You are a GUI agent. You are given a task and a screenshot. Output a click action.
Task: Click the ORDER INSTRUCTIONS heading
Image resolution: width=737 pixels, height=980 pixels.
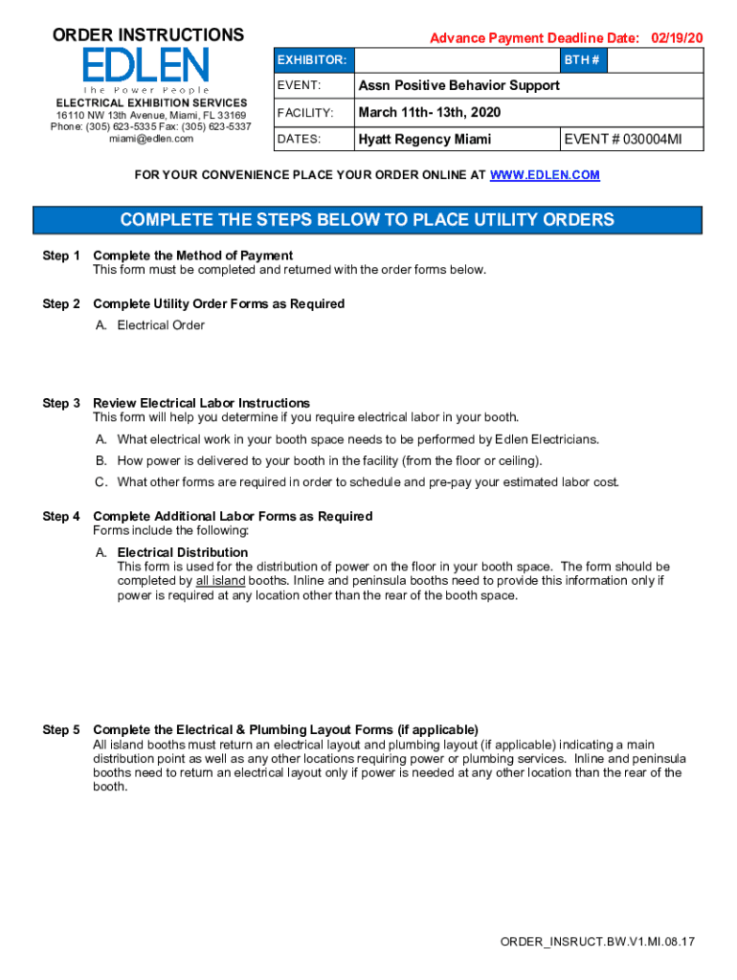(147, 35)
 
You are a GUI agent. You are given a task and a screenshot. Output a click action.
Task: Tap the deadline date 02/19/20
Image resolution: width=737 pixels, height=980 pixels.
(677, 38)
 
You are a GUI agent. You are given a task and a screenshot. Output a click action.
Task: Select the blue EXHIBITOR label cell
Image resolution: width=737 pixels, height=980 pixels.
(311, 60)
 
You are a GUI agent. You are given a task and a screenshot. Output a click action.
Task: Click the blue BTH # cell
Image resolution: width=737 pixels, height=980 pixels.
(582, 60)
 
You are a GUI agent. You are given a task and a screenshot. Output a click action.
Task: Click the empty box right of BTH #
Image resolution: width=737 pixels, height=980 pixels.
(655, 60)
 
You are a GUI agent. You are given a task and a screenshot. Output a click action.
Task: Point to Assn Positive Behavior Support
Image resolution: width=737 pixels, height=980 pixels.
(458, 86)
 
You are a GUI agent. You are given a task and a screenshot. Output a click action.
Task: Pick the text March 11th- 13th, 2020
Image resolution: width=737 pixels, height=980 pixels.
(429, 113)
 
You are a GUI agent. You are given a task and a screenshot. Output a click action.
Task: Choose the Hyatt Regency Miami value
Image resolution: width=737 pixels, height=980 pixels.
(424, 139)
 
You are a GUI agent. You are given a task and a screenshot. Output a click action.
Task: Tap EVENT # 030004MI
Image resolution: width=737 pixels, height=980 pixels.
(623, 139)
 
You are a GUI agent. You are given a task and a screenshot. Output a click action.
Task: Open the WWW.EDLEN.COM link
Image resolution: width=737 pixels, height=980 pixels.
(545, 175)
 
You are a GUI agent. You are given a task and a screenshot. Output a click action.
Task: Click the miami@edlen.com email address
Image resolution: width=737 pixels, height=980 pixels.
(151, 139)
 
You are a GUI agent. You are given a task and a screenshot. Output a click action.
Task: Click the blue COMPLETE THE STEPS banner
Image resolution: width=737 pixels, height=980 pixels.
(368, 220)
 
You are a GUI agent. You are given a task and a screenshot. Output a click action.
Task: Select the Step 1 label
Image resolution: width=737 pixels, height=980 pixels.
(61, 256)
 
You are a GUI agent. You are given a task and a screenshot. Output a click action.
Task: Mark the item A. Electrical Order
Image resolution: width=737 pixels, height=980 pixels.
(151, 325)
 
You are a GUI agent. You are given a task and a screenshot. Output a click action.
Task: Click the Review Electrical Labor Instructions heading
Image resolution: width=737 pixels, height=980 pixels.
(201, 403)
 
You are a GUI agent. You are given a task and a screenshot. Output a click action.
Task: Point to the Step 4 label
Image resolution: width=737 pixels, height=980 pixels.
(61, 517)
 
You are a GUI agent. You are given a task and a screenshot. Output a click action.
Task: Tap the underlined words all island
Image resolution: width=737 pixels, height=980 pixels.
(220, 581)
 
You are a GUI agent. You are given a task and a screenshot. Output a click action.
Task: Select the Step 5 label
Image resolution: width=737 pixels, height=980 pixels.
(61, 730)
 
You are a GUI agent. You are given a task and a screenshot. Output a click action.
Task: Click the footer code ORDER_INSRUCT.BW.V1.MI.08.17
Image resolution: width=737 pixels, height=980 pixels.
(597, 942)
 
